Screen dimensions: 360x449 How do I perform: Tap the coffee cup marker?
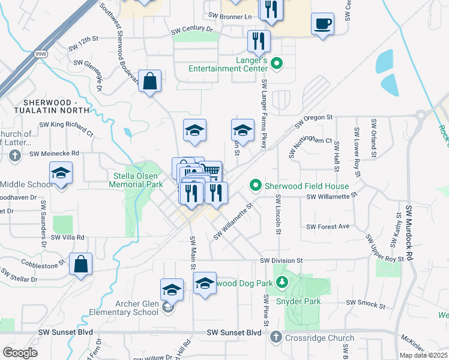tap(323, 24)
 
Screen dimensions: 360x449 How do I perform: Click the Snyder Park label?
tap(298, 301)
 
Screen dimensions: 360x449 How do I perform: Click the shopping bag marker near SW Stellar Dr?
tap(80, 264)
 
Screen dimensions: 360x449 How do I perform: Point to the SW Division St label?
tap(282, 261)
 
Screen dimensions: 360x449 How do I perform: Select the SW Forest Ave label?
tap(328, 227)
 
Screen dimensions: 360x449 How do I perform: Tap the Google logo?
tap(20, 353)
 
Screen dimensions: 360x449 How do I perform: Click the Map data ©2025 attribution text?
tap(423, 355)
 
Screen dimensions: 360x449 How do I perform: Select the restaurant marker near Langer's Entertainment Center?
tap(259, 41)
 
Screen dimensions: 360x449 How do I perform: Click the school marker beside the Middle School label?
tap(61, 174)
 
